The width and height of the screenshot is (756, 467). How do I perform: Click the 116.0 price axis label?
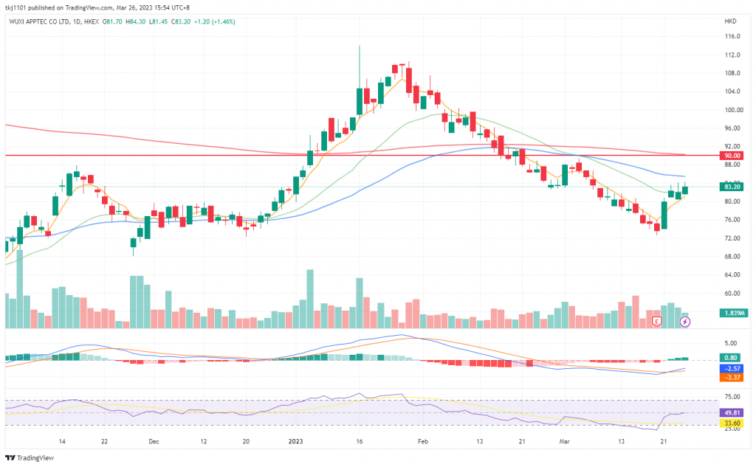732,36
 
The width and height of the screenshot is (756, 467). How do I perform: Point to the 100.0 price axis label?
732,110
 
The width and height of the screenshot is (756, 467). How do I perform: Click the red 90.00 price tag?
732,156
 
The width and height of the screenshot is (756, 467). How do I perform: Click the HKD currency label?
731,21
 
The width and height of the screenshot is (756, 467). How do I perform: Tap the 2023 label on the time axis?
295,441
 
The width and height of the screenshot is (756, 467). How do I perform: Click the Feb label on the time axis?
423,441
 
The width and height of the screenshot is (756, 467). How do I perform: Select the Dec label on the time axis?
154,441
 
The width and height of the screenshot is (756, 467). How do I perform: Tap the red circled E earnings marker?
656,322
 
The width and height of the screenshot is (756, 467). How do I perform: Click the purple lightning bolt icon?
685,322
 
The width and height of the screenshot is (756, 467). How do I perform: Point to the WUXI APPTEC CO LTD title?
43,21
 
